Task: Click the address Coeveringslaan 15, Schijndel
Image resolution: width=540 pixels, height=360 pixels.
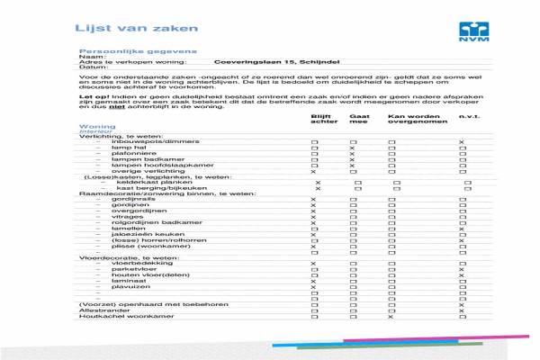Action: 268,62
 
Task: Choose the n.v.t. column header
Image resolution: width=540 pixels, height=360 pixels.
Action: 467,117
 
